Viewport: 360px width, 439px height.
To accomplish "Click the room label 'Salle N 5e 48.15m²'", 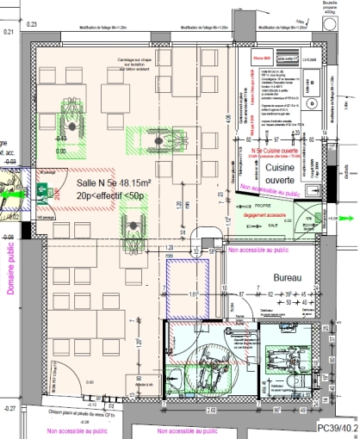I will (114, 184).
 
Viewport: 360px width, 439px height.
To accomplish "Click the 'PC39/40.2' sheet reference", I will (337, 427).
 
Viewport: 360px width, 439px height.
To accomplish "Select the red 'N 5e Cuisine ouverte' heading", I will (273, 151).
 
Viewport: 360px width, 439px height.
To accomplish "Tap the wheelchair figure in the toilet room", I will (208, 368).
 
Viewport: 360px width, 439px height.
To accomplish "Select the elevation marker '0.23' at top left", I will (9, 32).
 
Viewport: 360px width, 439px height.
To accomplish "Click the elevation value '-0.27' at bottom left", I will (9, 406).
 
